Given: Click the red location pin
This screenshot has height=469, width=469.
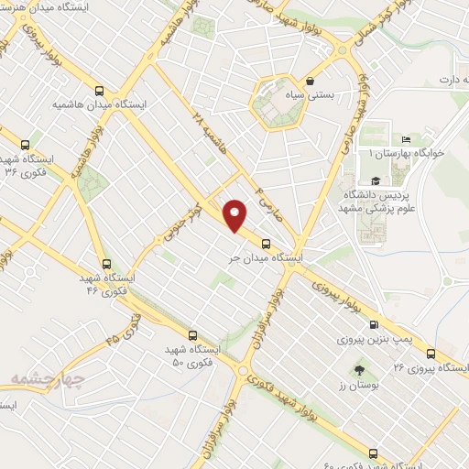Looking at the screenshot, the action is coord(235,215).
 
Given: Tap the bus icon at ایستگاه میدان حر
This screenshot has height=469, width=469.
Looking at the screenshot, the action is coord(267,244).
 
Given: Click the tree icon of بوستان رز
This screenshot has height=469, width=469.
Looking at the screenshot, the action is coord(358,371).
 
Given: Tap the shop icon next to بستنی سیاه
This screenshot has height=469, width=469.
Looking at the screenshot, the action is coord(311,81).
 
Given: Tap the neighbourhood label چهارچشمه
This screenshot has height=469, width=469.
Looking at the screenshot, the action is coord(49,378).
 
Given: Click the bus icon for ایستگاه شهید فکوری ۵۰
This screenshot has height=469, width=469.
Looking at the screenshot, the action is coord(191,335).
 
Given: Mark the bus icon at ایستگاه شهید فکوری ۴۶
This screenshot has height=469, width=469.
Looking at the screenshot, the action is coord(106,264).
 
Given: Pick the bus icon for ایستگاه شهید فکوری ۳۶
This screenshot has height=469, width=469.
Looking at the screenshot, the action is coord(24,144).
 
